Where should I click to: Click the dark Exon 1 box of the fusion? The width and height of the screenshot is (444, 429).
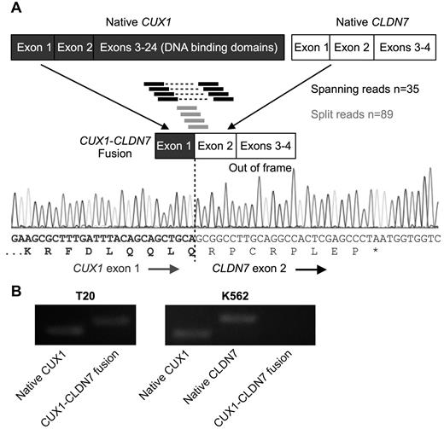(x=175, y=147)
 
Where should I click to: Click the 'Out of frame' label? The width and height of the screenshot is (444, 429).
(x=260, y=168)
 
